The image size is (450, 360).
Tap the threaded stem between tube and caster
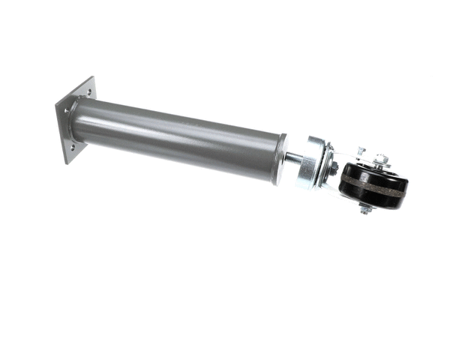tap(292, 160)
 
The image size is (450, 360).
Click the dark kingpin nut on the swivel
tap(332, 168)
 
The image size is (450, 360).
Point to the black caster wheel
tap(372, 187)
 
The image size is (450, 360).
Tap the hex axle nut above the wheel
tap(381, 159)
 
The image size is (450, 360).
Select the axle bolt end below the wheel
tap(365, 209)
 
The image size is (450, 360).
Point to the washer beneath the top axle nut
tap(381, 165)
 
